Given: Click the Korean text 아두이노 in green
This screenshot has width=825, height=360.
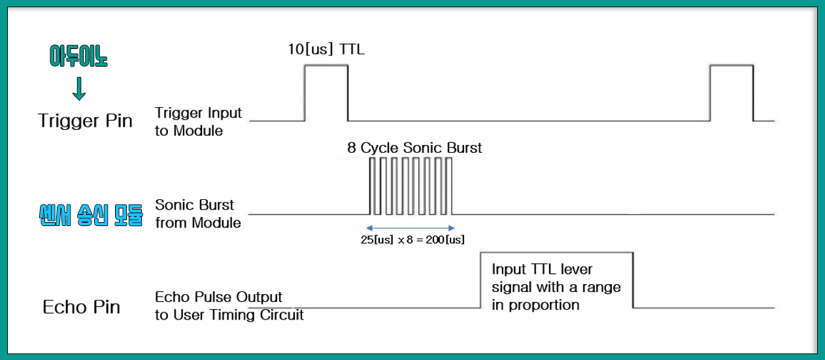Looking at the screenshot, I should (78, 57).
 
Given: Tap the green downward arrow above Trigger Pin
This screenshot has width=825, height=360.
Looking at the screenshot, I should (79, 90).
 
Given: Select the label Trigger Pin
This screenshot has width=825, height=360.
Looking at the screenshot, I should (85, 121).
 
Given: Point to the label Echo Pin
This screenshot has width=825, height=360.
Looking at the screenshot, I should (82, 306).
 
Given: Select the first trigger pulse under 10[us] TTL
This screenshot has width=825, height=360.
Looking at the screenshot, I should (326, 91).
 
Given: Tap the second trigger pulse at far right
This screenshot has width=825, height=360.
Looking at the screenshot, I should (732, 91).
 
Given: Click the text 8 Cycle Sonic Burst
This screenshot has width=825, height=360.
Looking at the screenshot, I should (414, 148).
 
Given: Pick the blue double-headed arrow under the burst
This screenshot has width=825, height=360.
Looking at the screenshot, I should (410, 228).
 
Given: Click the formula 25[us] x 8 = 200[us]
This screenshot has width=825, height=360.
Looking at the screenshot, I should (412, 240).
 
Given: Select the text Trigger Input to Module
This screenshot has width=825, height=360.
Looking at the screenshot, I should (198, 122).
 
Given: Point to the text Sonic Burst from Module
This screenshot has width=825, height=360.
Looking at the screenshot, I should (197, 214).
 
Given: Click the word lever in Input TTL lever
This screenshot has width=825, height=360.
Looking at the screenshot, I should (576, 269).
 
